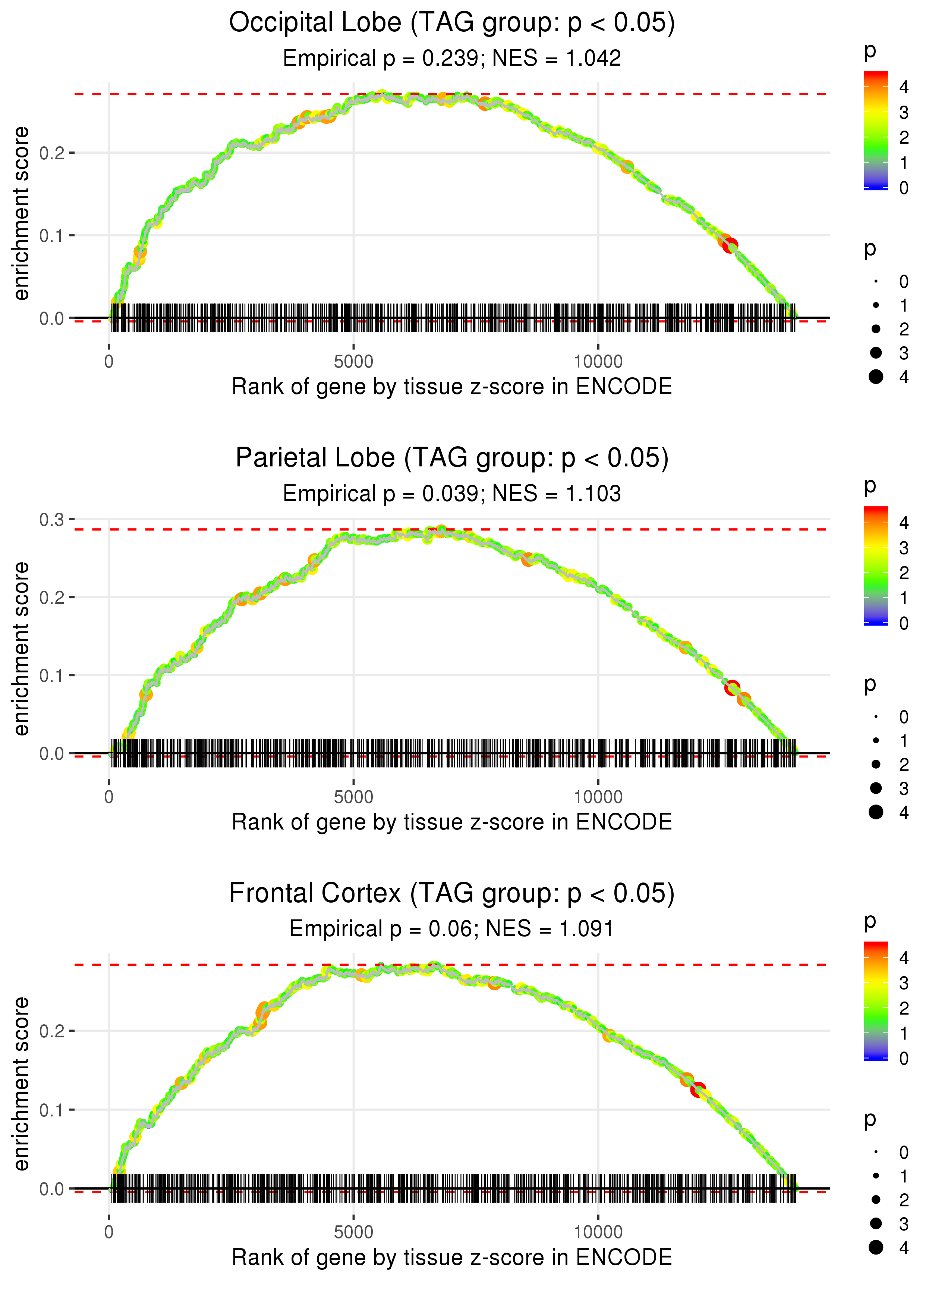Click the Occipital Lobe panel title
452,23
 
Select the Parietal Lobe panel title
452,458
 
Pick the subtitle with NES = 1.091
452,929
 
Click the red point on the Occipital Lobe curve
730,246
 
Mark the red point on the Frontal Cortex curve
698,1089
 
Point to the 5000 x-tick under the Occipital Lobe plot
353,362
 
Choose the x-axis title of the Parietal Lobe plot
452,822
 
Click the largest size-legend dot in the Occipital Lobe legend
876,377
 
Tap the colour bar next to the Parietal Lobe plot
875,565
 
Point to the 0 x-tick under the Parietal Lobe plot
109,797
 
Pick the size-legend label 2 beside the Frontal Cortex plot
904,1200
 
